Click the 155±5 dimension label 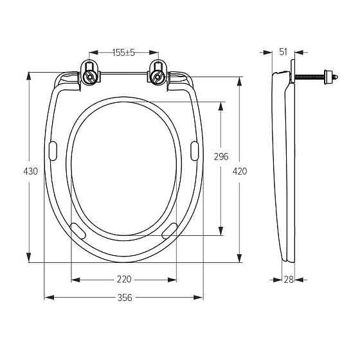[123, 53]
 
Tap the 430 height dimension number [31, 171]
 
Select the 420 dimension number [240, 171]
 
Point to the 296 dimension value [221, 157]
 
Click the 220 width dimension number [124, 280]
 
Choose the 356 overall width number [125, 298]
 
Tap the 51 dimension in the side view [283, 52]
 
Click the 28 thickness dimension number [289, 280]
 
